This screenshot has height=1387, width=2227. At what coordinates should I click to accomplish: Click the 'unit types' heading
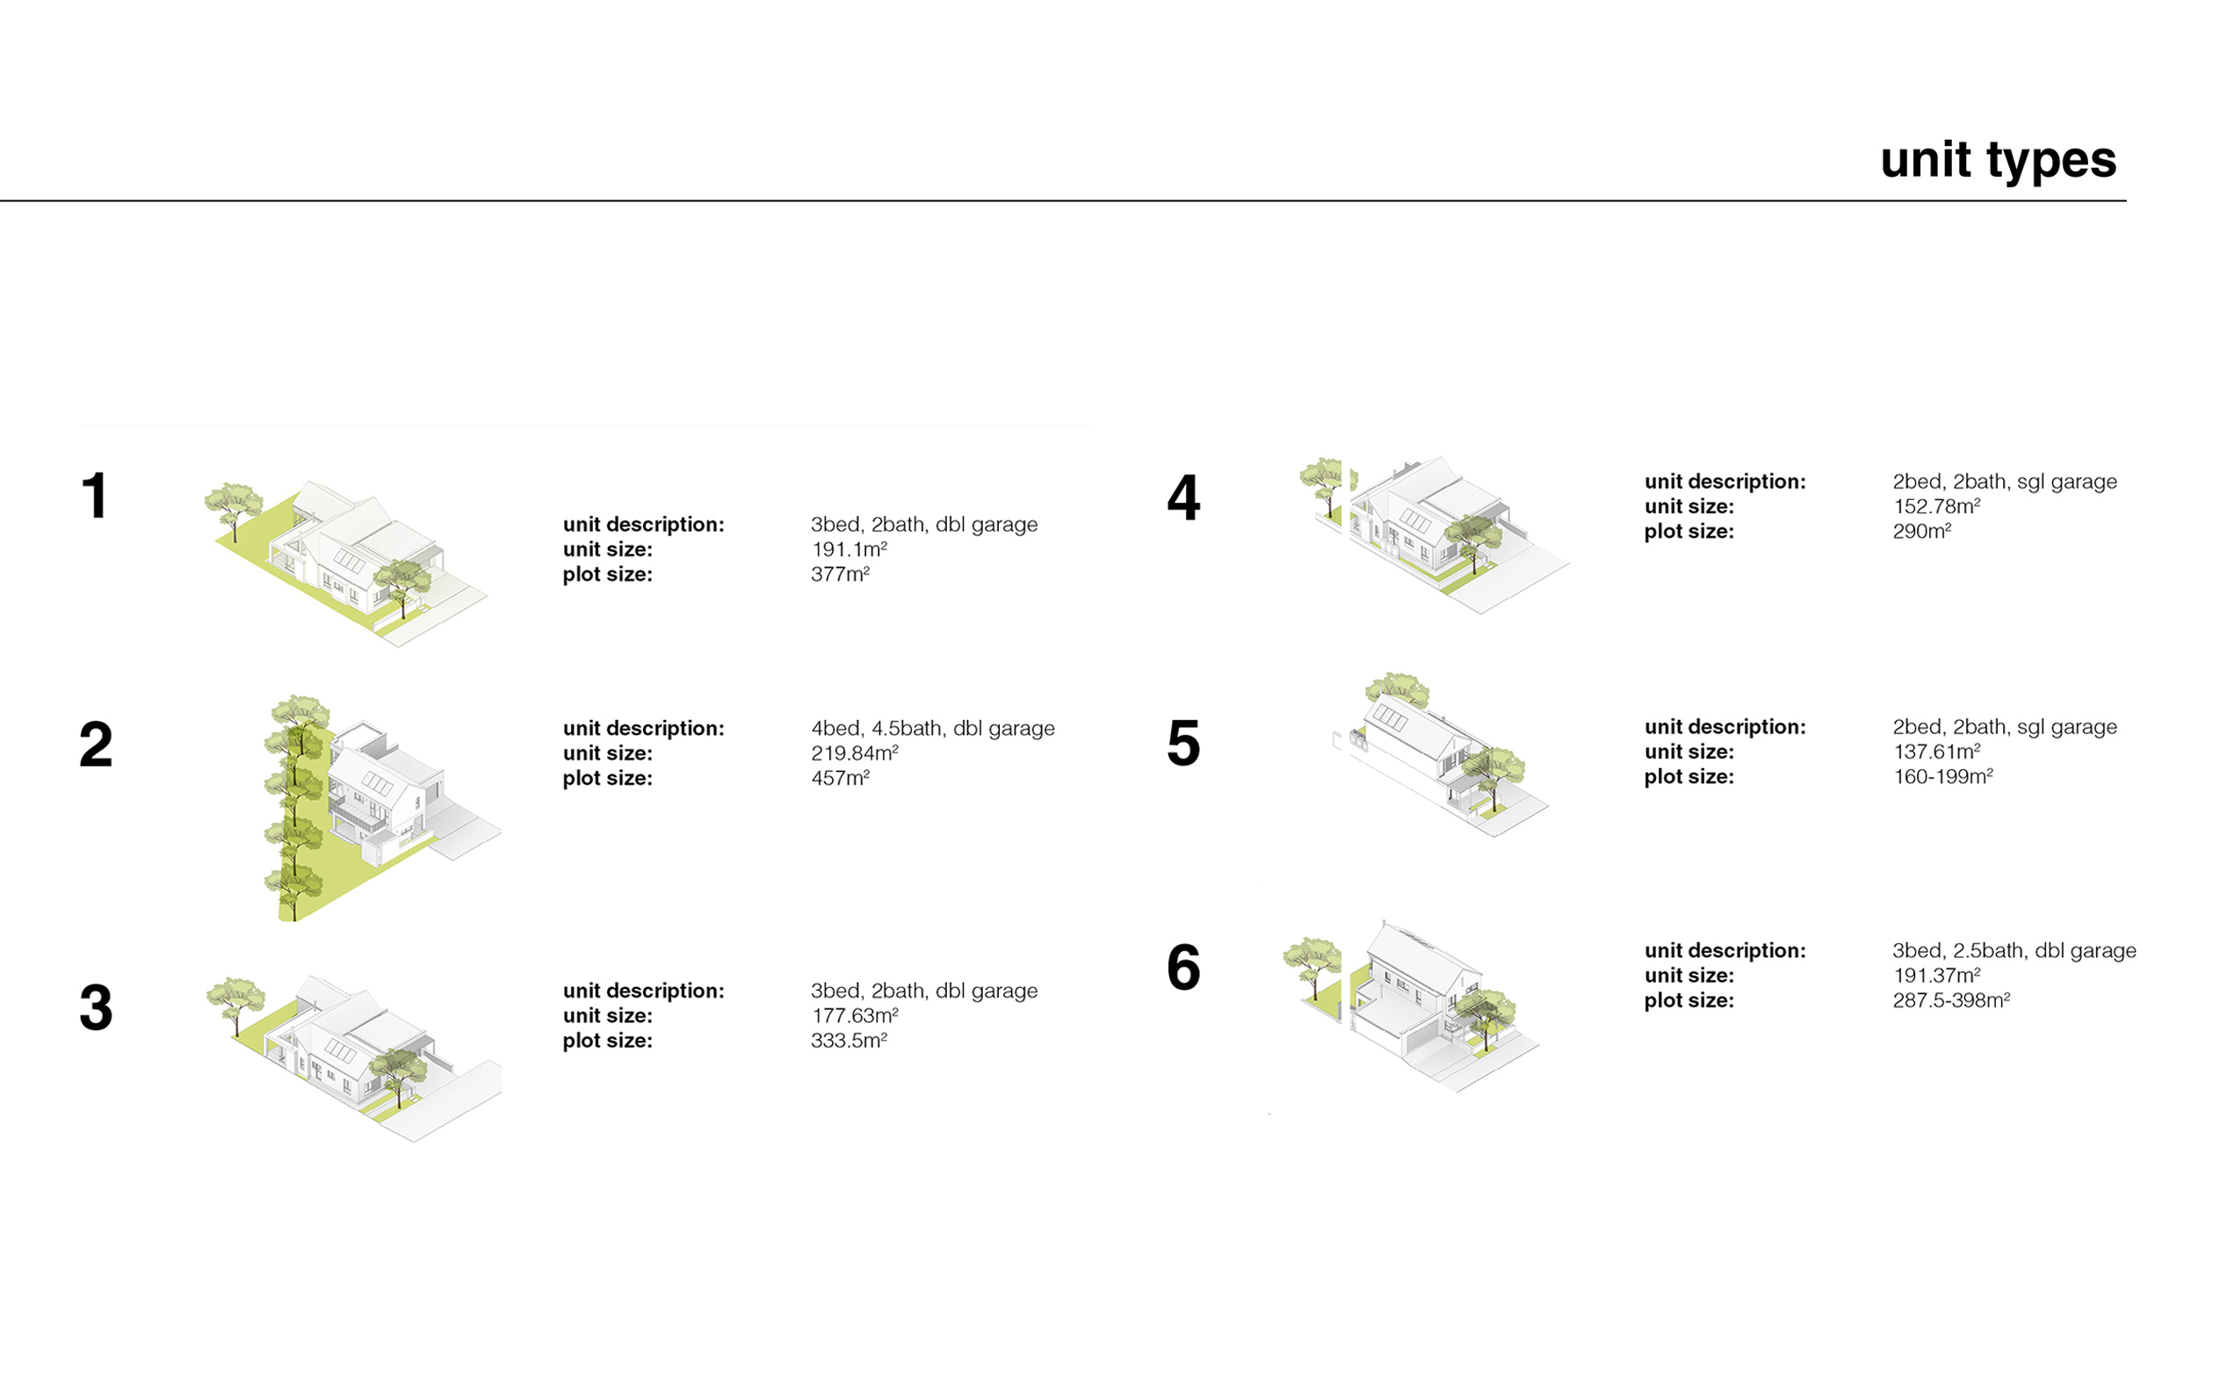1998,162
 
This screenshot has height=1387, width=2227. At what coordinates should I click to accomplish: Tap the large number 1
96,497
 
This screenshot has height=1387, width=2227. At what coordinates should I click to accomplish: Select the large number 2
97,744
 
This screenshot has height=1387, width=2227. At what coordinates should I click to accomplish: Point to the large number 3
97,1007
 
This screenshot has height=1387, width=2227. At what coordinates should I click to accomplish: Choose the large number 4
1182,498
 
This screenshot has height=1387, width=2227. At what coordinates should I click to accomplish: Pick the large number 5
1182,743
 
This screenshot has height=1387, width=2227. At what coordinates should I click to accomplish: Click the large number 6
1182,967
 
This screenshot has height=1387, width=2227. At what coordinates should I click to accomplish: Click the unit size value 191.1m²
849,549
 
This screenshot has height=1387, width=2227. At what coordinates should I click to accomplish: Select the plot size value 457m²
840,778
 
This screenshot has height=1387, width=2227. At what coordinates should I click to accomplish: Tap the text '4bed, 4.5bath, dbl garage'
932,729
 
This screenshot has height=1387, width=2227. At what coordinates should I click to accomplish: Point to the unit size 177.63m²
855,1015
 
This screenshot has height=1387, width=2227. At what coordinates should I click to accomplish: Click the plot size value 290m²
1921,531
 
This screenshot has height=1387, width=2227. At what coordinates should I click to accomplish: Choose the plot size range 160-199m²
1942,776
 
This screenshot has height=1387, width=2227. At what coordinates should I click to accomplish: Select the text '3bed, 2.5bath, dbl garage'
2014,950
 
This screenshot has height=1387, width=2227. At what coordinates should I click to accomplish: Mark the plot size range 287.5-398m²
1951,1000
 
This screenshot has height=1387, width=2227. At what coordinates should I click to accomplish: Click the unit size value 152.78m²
1936,506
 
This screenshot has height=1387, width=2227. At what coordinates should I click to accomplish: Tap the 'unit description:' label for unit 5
1724,728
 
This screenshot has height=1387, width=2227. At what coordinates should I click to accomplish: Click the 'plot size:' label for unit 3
607,1042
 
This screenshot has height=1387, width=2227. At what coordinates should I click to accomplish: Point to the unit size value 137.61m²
1936,752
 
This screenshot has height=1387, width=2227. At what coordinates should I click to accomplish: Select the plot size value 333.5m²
849,1041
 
